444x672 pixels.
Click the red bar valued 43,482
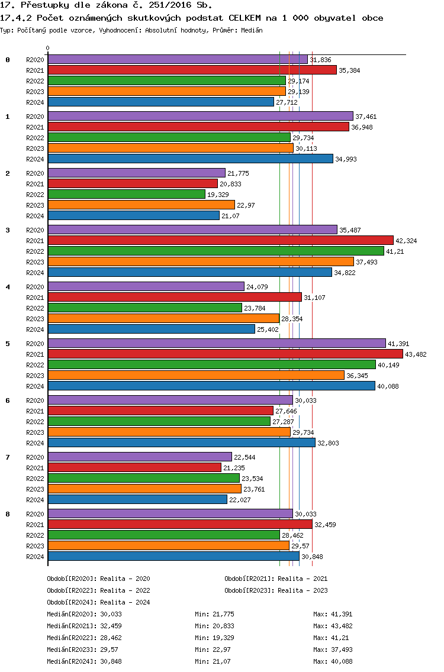[226, 354]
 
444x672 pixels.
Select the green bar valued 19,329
[127, 194]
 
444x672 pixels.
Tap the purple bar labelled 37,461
[201, 116]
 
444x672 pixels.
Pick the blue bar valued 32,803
[182, 442]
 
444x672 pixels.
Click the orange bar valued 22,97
[141, 205]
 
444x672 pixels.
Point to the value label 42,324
[406, 241]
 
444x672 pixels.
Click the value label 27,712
[287, 102]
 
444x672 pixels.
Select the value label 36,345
[358, 376]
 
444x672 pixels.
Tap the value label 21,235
[234, 468]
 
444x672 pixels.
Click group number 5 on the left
[8, 344]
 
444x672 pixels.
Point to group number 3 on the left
[8, 230]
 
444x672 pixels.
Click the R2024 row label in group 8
[35, 557]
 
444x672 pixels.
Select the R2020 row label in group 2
[35, 173]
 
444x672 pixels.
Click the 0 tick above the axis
[47, 48]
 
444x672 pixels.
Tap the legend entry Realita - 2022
[126, 590]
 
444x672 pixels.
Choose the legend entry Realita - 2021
[303, 579]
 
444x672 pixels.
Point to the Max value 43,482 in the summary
[342, 626]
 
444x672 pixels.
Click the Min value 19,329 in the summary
[224, 638]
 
